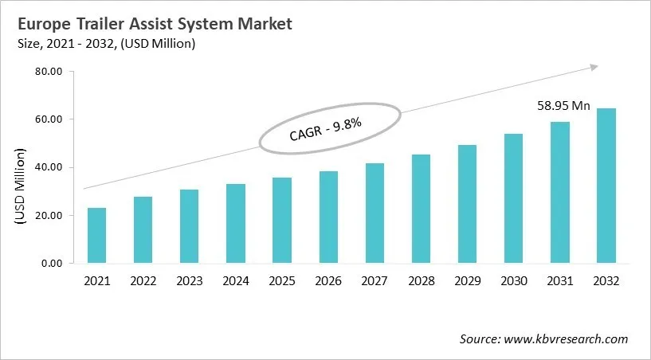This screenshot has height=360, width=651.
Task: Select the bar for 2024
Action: [x=235, y=223]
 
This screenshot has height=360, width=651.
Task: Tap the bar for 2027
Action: [x=375, y=213]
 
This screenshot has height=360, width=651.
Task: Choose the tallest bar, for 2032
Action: [x=606, y=186]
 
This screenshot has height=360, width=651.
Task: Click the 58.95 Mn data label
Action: [x=562, y=105]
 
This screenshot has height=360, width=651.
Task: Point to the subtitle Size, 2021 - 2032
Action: [x=104, y=43]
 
